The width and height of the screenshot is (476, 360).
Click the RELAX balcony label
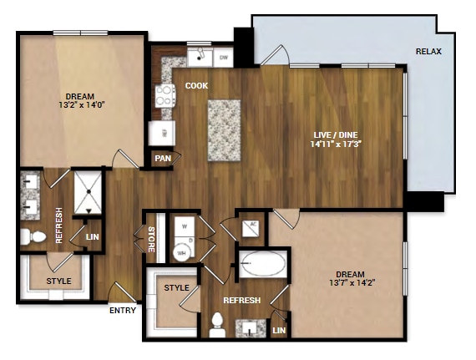pos(428,52)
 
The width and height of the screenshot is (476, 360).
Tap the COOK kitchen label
pos(196,85)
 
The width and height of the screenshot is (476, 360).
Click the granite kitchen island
pos(224,131)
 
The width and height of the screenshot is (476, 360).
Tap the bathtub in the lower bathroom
pos(263,266)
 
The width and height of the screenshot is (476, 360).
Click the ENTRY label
pos(123,311)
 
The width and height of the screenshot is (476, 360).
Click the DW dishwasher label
pos(223,58)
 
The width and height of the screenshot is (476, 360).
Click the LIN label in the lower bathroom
pos(279,332)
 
